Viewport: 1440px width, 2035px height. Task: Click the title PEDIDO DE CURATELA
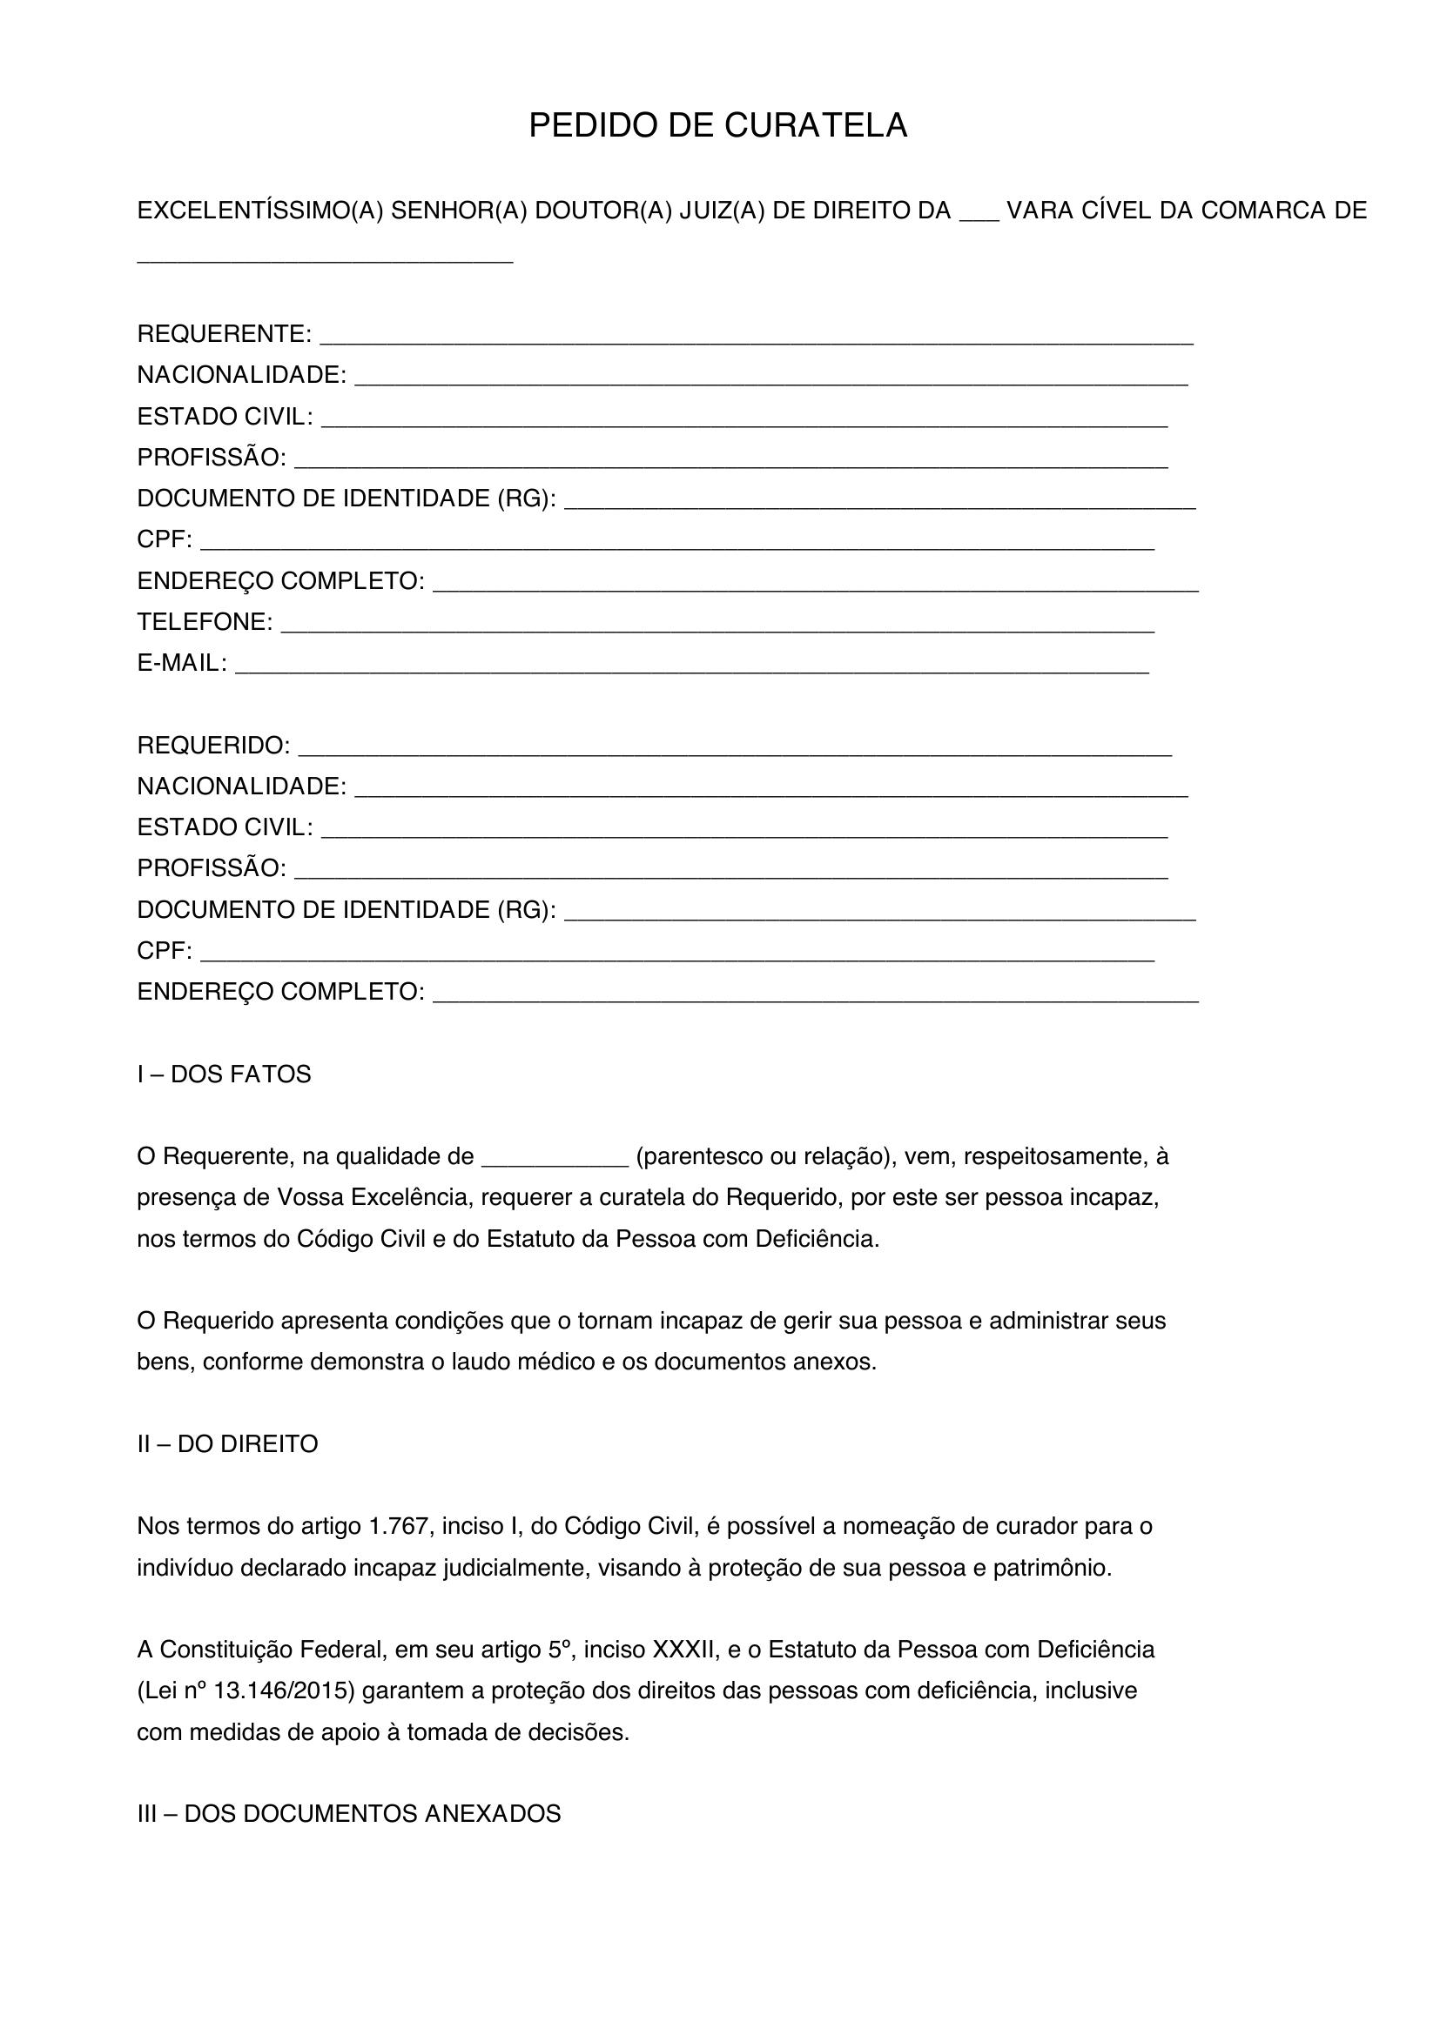tap(717, 126)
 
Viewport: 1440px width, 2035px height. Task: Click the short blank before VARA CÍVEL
tap(979, 218)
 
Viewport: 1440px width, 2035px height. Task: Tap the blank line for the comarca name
tap(325, 258)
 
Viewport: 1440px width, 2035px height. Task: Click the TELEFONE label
tap(204, 622)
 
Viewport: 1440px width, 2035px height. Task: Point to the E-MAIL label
tap(182, 663)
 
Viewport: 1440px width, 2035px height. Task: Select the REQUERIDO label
tap(212, 746)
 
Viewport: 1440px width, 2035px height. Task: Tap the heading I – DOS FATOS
tap(224, 1074)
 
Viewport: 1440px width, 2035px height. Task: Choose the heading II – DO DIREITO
tap(227, 1444)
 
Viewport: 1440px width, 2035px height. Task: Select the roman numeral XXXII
tap(683, 1650)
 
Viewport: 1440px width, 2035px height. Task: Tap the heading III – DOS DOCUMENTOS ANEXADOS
tap(348, 1813)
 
